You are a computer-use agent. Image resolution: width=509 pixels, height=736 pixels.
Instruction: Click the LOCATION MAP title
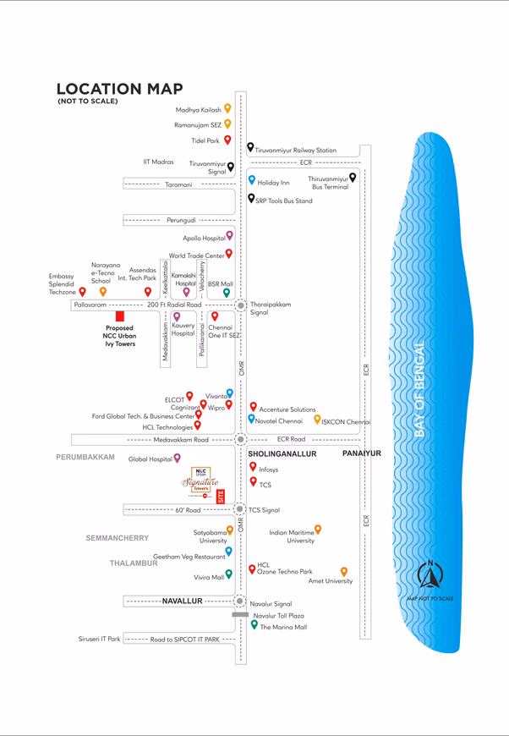(119, 89)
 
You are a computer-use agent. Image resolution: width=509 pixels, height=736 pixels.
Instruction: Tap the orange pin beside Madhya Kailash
(227, 108)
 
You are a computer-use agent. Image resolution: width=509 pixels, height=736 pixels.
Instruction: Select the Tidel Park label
(205, 141)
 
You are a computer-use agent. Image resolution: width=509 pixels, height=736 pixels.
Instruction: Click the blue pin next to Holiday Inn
(251, 180)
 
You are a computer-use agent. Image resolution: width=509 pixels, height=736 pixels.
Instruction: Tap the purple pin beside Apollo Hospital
(229, 237)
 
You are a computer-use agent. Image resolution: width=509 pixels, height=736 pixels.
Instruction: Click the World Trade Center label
(196, 255)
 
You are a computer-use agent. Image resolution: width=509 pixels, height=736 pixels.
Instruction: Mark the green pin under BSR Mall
(227, 293)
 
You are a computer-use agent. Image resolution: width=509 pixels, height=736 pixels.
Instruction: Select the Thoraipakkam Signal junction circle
(241, 305)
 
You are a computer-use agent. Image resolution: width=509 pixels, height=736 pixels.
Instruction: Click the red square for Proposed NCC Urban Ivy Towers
(120, 316)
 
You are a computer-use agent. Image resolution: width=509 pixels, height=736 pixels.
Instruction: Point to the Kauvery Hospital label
(183, 329)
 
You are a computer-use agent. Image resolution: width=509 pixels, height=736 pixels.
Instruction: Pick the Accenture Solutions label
(287, 409)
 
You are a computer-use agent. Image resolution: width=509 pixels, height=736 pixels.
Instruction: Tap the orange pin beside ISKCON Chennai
(317, 419)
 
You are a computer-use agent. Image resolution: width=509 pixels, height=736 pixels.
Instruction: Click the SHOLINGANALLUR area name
(282, 454)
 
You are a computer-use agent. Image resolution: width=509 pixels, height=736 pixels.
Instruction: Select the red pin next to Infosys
(253, 466)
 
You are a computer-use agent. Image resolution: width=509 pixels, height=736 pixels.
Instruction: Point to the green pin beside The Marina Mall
(254, 624)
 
